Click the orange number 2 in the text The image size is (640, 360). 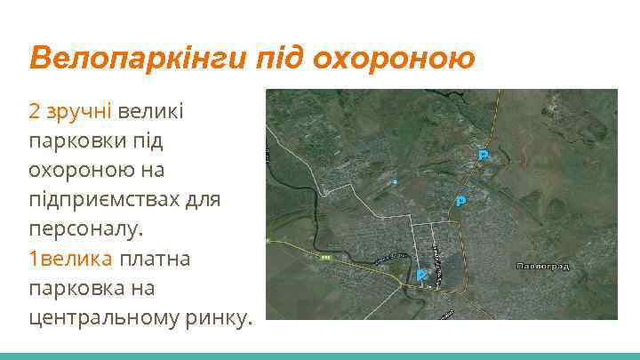click(x=35, y=111)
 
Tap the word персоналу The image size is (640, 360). click(x=85, y=229)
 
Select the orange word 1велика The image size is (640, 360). click(x=71, y=259)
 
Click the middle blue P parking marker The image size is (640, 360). click(x=460, y=201)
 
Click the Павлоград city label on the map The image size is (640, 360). click(x=543, y=266)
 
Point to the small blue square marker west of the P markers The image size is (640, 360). click(x=396, y=181)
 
